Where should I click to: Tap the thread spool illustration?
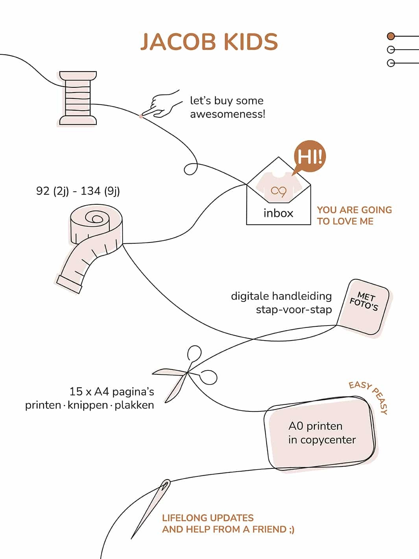tap(78, 98)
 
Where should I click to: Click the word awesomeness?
tap(227, 114)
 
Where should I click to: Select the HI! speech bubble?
tap(310, 157)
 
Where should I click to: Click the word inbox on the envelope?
tap(278, 213)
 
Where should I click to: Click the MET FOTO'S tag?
tap(364, 307)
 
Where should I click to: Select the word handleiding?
tap(302, 296)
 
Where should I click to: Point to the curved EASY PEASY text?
tap(370, 396)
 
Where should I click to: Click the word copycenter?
tap(328, 440)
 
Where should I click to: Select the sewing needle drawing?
tap(151, 508)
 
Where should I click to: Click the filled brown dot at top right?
tap(391, 36)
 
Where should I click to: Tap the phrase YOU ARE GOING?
tap(354, 210)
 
